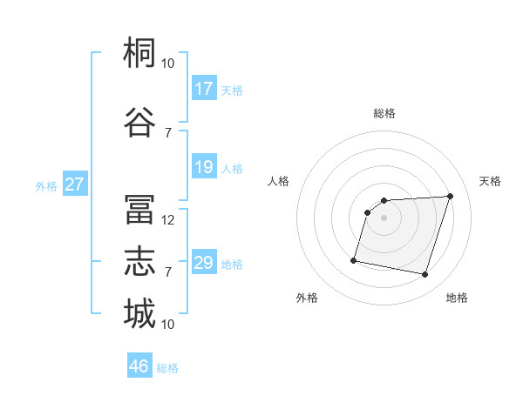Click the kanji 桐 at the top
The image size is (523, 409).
(x=139, y=52)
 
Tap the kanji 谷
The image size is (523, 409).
(x=139, y=122)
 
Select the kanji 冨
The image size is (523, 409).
(x=139, y=209)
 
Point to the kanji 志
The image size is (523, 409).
(x=139, y=261)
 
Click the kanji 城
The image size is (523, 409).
(x=139, y=313)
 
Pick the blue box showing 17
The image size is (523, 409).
(x=204, y=88)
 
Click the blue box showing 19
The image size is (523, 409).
(x=204, y=166)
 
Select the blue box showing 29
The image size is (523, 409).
(x=204, y=261)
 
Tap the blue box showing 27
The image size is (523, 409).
(x=75, y=184)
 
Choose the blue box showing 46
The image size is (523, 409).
(x=139, y=365)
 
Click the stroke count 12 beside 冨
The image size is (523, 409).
(x=167, y=220)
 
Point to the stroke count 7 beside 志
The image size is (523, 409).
(x=168, y=272)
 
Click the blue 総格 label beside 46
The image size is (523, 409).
(x=167, y=368)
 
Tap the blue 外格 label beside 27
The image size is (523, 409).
(x=46, y=186)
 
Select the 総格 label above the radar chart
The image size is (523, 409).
(x=384, y=113)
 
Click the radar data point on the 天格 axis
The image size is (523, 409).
(x=450, y=196)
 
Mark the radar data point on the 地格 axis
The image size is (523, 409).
(x=425, y=275)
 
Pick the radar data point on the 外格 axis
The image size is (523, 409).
(x=354, y=260)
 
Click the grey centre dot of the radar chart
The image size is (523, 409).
(x=384, y=218)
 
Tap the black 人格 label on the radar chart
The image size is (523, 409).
(x=278, y=181)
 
